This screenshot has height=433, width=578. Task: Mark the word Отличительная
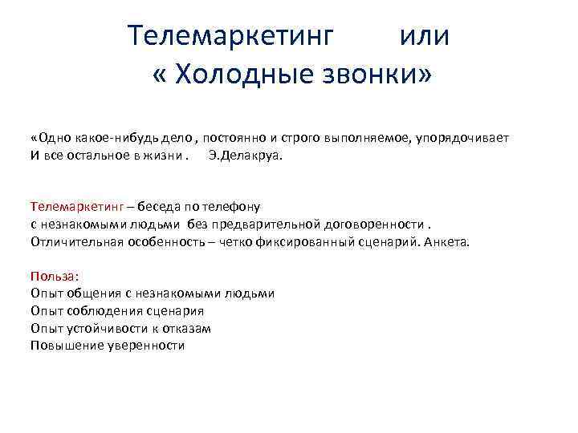(76, 241)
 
